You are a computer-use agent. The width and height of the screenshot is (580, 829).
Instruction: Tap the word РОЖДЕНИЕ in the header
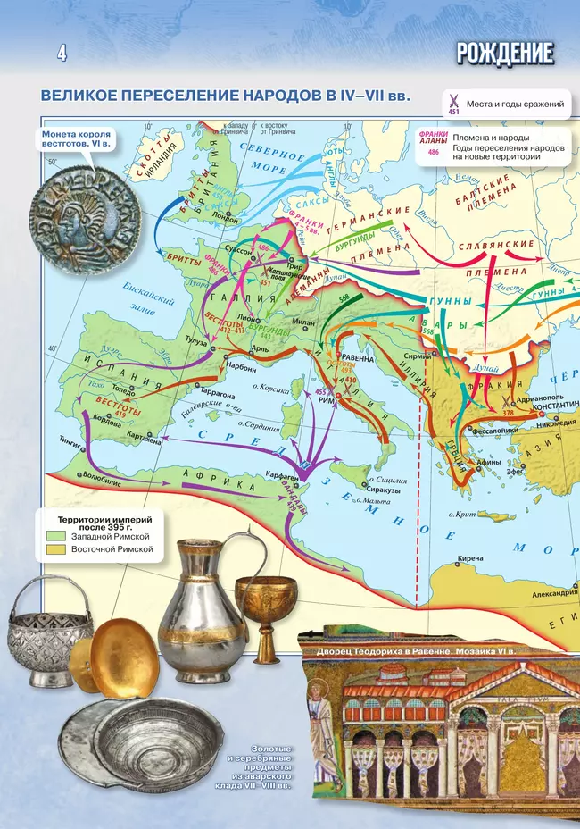click(504, 54)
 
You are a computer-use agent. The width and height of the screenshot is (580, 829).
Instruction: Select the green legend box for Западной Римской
click(53, 534)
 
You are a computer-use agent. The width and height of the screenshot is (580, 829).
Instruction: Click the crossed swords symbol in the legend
click(453, 101)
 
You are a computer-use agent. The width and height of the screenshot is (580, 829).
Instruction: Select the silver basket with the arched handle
click(50, 630)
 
